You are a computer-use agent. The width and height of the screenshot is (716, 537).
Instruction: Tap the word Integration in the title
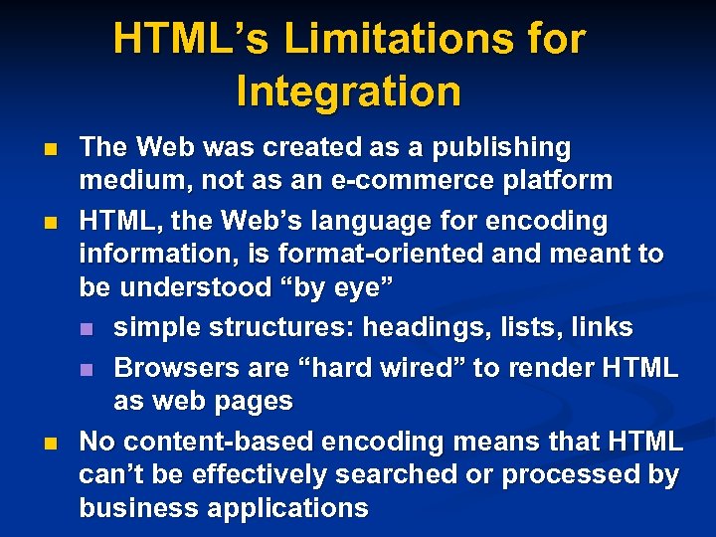349,91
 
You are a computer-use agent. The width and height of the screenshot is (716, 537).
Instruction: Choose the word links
600,327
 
